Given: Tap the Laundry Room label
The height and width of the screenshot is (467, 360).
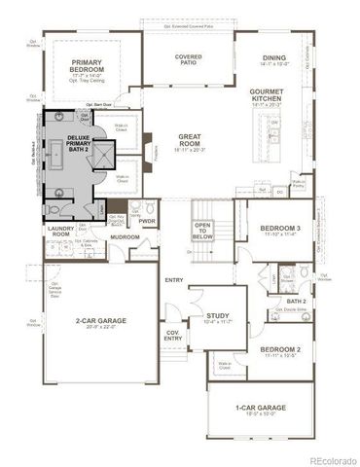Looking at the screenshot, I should (61, 232).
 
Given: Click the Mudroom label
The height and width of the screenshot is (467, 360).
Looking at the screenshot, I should (125, 236).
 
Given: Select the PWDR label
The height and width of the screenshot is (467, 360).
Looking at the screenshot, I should (148, 221).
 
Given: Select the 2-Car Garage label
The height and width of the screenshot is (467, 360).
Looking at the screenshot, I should (97, 322).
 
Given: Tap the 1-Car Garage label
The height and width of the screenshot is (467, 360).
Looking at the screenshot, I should (261, 410).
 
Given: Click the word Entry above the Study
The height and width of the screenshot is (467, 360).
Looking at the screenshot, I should (174, 281).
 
